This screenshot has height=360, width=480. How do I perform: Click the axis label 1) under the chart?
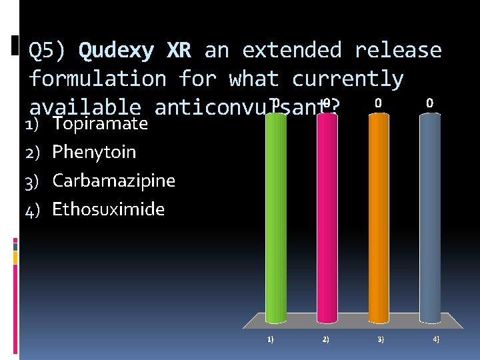pos(270,339)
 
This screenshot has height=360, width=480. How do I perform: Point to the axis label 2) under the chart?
pos(325,339)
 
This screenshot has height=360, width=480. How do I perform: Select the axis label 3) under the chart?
pos(381,339)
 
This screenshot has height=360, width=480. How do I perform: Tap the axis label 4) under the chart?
pos(436,339)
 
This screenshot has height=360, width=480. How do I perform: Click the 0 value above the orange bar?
pos(378,103)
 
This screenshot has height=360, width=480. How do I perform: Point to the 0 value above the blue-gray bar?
pos(430,103)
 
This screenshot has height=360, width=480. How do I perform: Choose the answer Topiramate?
pos(100,123)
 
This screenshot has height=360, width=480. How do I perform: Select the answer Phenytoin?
pos(94,152)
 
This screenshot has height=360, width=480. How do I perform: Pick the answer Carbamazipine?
pos(113,181)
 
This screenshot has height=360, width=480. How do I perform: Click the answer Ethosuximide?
pos(108,209)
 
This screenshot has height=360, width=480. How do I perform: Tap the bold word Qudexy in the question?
pos(117,51)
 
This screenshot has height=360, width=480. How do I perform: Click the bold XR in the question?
pos(179,51)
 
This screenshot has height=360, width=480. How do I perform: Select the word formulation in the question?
pos(97,79)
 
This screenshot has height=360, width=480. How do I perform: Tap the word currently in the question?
pos(347,79)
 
